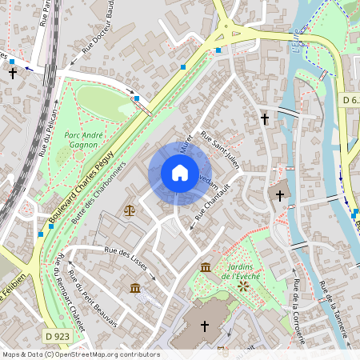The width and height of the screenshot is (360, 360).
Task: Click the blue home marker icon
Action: [x=180, y=173]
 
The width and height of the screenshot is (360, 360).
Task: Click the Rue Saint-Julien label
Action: [x=220, y=149]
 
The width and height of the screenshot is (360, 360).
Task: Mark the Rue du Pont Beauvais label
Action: [x=94, y=298]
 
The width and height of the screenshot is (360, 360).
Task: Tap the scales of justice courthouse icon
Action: [x=130, y=210]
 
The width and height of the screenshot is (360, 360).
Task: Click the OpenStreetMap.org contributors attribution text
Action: [x=107, y=354]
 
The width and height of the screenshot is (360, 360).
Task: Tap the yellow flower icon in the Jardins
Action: [x=242, y=284]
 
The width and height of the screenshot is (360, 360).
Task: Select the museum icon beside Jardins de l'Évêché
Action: [x=206, y=266]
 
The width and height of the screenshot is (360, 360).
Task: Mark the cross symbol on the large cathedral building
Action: [x=204, y=326]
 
